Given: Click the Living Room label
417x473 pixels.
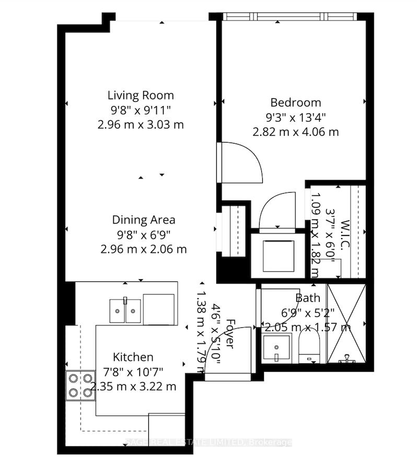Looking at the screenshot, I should click(x=141, y=96).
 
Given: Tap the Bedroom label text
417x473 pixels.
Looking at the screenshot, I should click(x=295, y=102).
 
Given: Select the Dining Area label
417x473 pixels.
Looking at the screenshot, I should click(x=143, y=220).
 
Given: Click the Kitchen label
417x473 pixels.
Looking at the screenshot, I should click(x=133, y=357).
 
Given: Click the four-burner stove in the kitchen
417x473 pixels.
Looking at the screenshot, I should click(x=80, y=385).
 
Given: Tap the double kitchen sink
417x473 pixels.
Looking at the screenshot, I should click(x=125, y=312).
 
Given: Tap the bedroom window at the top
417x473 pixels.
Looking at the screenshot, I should click(x=291, y=16).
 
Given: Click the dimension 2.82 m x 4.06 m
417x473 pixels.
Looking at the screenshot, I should click(x=295, y=132).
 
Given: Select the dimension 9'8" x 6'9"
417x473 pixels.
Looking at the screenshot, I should click(x=143, y=234).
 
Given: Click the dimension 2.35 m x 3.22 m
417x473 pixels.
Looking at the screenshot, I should click(x=133, y=387).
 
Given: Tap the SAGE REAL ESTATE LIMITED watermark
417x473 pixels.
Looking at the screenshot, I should click(x=209, y=443).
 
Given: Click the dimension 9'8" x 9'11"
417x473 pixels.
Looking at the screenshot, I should click(x=141, y=110).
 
